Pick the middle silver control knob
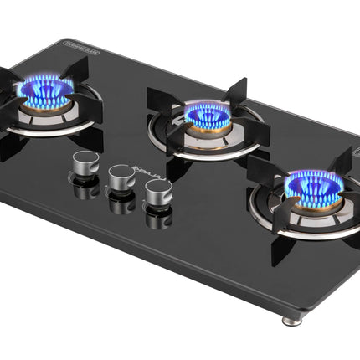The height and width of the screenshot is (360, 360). (x=121, y=177)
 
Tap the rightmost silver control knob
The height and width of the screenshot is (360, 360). (x=156, y=192)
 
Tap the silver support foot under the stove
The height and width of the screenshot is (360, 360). (x=290, y=320)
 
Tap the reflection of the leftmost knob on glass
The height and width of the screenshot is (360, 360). (x=85, y=189)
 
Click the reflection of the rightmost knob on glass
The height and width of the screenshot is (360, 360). (x=157, y=219)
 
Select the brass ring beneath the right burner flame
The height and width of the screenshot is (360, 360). (x=311, y=201)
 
